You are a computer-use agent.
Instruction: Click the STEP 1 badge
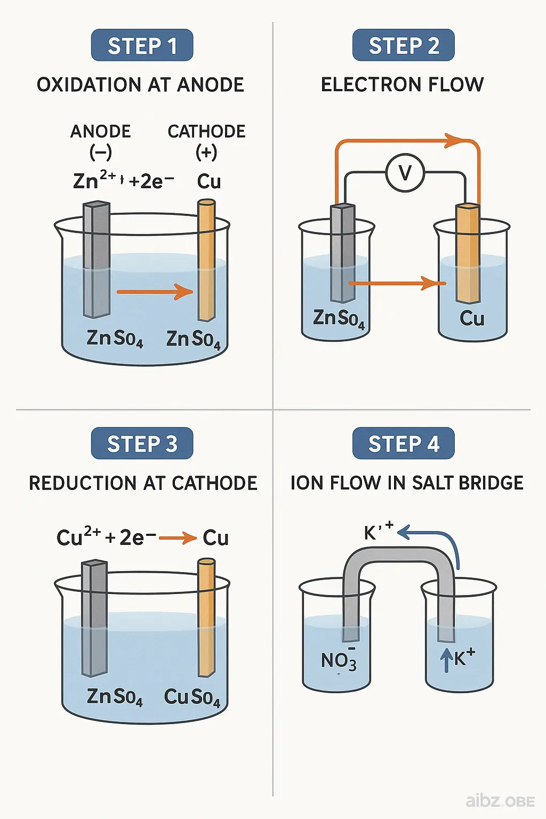click(142, 46)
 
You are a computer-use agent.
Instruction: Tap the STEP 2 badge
click(403, 46)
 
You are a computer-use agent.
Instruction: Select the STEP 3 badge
click(142, 444)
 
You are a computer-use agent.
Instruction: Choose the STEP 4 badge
click(403, 444)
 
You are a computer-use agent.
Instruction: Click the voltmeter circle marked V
click(405, 173)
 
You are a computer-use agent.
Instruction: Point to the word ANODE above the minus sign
click(101, 132)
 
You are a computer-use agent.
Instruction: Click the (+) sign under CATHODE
click(206, 153)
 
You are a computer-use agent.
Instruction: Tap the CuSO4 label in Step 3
click(192, 697)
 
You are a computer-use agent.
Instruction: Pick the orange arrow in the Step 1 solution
click(154, 292)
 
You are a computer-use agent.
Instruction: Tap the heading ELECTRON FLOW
click(402, 85)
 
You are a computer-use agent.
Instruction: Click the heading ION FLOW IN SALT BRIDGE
click(406, 483)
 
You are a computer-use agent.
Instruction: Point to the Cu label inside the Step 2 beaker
click(472, 319)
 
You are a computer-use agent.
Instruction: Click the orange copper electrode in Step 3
click(206, 619)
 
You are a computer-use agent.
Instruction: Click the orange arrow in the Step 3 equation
click(178, 538)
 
